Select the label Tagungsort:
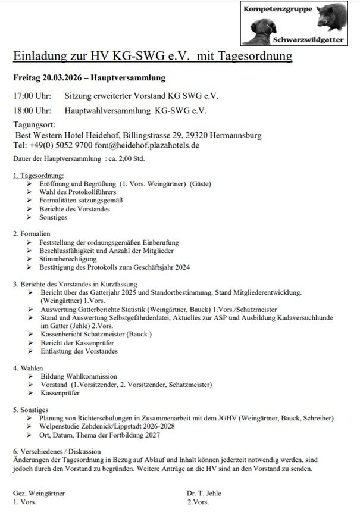35,125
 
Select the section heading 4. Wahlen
29,367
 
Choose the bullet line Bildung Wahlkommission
79,376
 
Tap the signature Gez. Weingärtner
39,494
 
